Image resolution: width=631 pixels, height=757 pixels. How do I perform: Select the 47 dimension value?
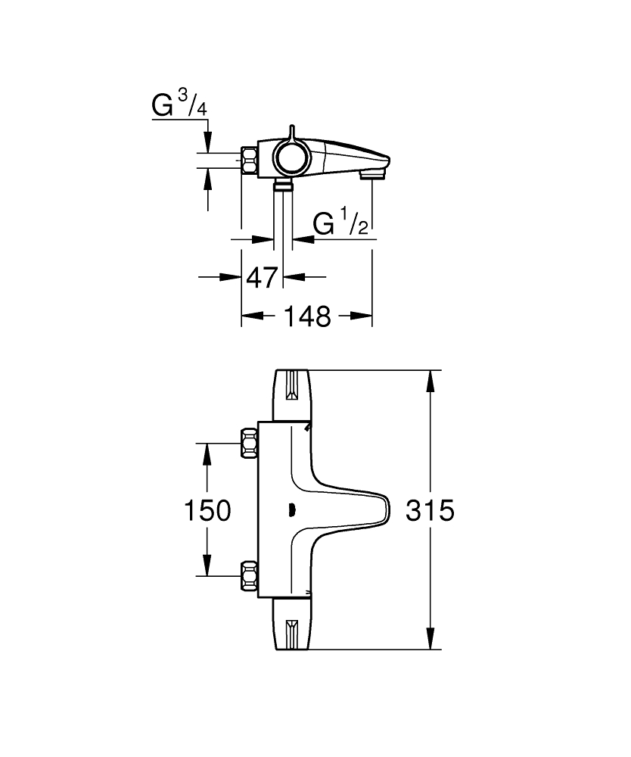[x=263, y=278]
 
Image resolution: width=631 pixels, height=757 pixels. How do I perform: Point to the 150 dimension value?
[x=208, y=510]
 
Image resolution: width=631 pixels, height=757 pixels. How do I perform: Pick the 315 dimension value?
[x=430, y=510]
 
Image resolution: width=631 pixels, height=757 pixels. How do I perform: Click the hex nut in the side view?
[x=250, y=160]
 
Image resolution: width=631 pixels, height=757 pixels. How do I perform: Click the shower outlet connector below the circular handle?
[x=284, y=185]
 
